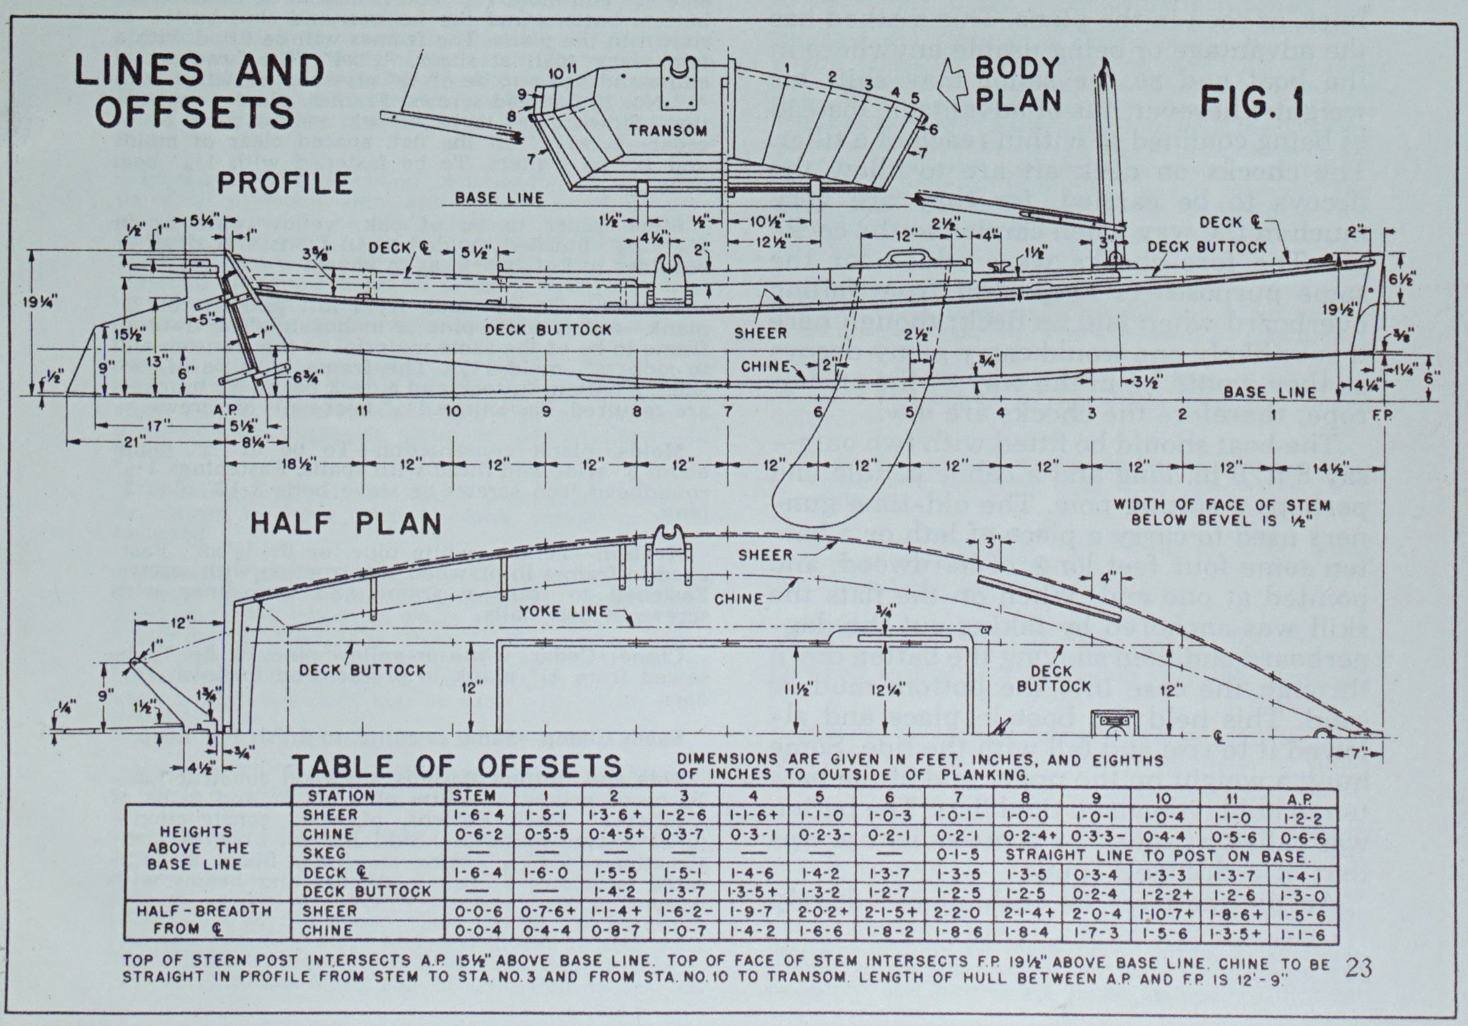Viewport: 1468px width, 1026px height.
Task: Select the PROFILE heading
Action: click(x=284, y=184)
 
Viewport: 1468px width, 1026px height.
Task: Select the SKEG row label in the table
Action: click(x=325, y=853)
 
